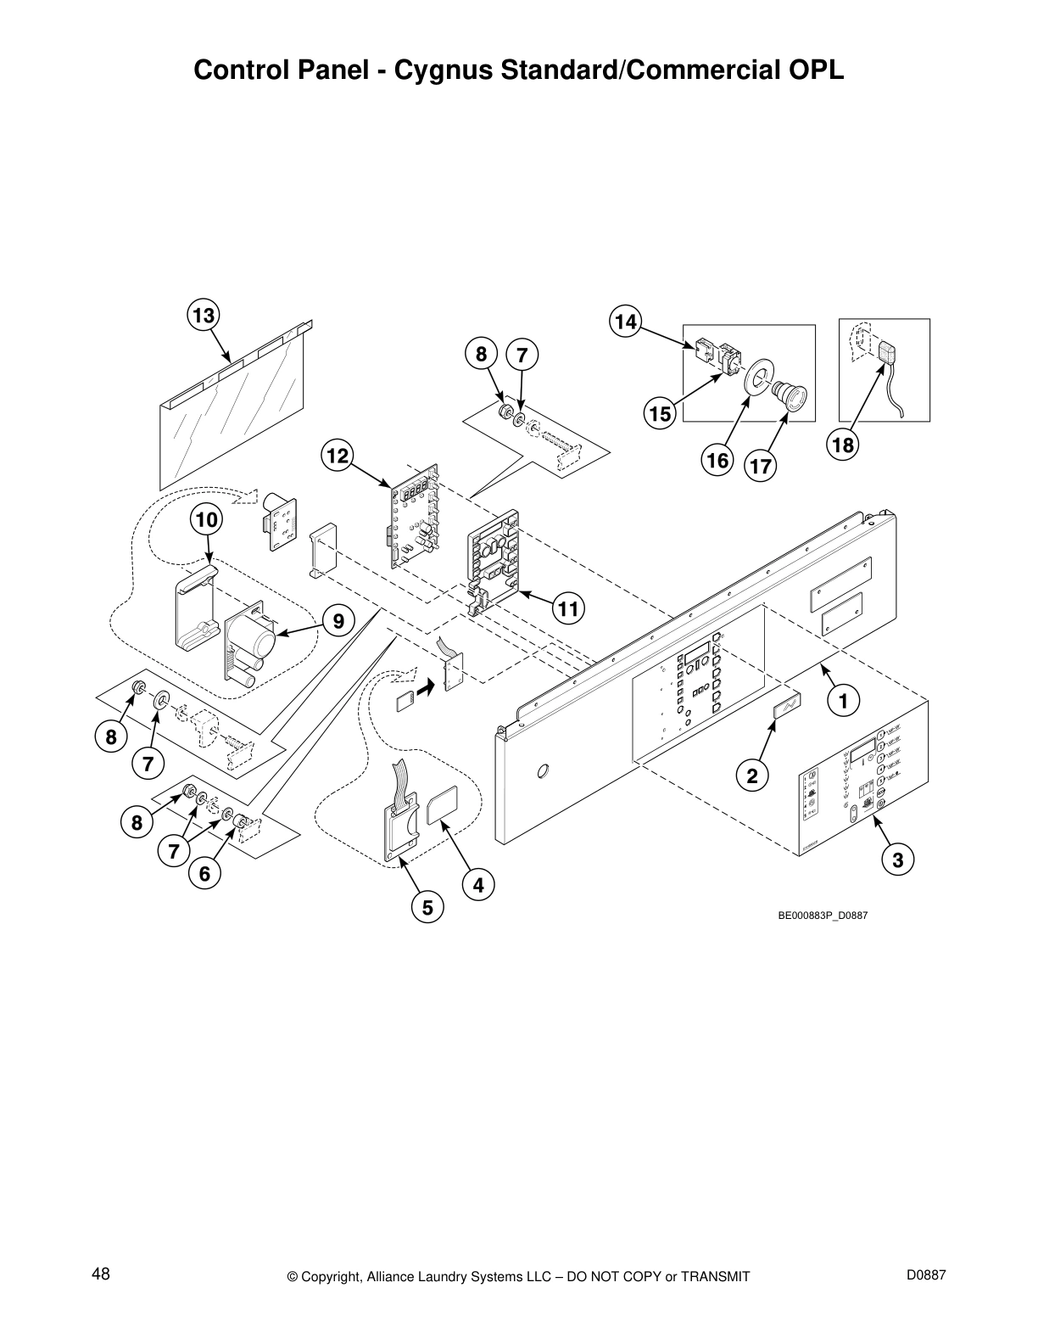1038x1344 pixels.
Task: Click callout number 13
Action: click(204, 316)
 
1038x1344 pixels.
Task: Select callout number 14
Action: click(625, 322)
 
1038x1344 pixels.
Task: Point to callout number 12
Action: click(338, 456)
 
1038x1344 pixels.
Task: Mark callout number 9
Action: click(338, 622)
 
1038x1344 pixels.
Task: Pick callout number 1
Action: click(843, 701)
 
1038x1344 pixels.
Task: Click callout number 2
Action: click(751, 774)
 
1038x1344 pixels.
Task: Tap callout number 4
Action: click(478, 885)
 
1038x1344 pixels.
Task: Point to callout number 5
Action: click(427, 908)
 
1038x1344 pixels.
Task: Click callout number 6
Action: click(204, 873)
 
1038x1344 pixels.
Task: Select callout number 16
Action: click(717, 460)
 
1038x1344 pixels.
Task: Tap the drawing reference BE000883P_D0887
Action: click(823, 916)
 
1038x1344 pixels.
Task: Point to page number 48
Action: click(101, 1274)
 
